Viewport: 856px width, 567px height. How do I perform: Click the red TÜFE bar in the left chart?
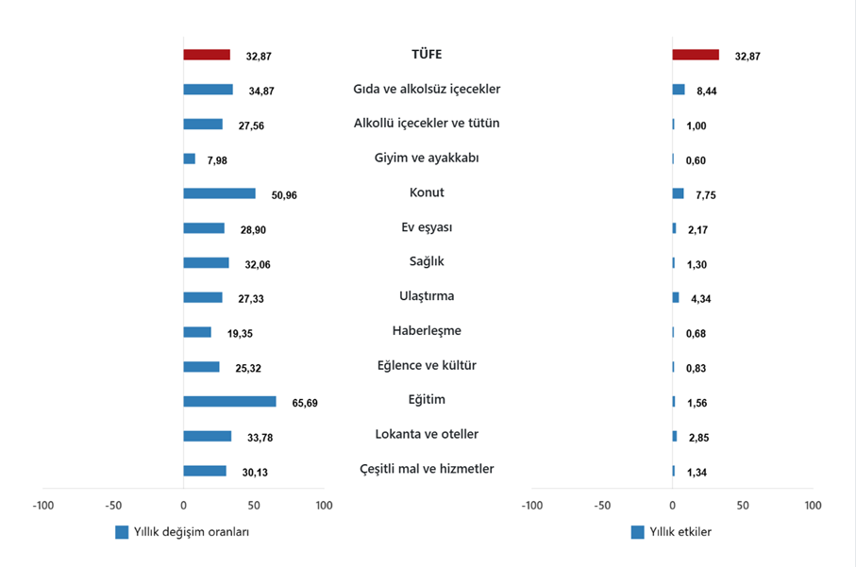206,55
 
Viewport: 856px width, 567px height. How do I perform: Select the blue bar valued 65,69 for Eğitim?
229,401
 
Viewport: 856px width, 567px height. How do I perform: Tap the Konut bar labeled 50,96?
219,193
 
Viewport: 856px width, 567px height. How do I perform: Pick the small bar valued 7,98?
189,158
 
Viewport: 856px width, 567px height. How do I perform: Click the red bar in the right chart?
696,55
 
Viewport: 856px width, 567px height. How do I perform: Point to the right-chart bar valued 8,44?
679,90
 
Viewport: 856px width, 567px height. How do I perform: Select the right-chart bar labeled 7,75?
678,193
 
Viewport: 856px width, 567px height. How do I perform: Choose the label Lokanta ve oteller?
427,434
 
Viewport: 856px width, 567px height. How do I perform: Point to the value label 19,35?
239,333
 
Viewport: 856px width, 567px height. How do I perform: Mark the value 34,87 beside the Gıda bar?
260,91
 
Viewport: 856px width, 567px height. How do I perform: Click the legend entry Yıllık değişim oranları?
188,532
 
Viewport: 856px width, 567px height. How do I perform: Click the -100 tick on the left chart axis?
42,506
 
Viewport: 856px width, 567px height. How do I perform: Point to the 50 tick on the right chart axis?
743,506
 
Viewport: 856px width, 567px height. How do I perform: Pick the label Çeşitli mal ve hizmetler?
427,469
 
